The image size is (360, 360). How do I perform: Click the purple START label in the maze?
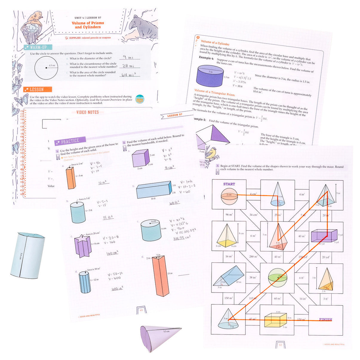click(229, 184)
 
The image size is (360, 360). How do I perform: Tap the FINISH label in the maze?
click(325, 319)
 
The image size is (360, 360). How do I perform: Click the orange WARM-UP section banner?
click(38, 47)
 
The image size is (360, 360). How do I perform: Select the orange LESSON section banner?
click(38, 90)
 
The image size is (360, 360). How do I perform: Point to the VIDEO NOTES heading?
click(87, 112)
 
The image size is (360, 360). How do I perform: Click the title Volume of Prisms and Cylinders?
click(88, 25)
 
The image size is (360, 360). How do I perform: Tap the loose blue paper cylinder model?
click(28, 255)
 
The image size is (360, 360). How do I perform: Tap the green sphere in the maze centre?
click(277, 277)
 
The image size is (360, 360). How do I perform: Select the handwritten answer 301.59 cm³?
click(181, 238)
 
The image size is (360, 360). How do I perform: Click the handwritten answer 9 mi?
click(129, 57)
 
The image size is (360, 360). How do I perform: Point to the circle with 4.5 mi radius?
click(46, 68)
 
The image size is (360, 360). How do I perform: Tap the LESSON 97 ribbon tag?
click(176, 115)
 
